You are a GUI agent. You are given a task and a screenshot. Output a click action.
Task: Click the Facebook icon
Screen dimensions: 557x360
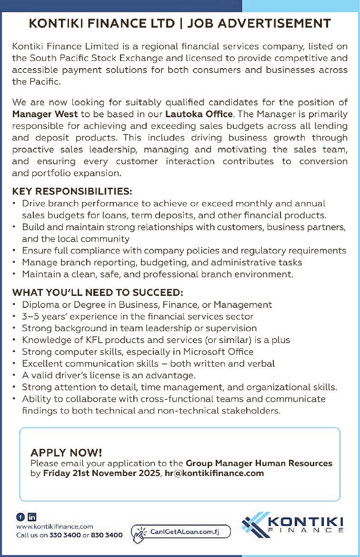pyautogui.click(x=20, y=516)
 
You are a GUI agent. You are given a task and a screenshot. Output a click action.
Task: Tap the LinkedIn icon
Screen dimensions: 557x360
pyautogui.click(x=32, y=516)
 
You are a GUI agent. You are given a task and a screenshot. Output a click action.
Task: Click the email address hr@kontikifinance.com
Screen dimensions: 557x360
pyautogui.click(x=214, y=473)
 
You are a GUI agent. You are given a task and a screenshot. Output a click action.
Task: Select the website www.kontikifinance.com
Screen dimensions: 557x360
pyautogui.click(x=55, y=526)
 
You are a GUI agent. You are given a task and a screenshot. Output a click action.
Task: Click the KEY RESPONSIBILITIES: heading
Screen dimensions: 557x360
pyautogui.click(x=72, y=192)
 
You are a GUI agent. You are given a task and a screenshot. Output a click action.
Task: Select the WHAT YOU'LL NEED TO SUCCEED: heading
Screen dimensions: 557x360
pyautogui.click(x=98, y=292)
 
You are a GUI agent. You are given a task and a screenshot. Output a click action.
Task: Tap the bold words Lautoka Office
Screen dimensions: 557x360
pyautogui.click(x=199, y=114)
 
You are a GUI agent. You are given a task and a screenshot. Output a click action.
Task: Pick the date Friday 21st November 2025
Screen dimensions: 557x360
pyautogui.click(x=101, y=473)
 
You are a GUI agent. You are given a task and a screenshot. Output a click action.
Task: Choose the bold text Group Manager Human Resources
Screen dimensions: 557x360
pyautogui.click(x=259, y=463)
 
